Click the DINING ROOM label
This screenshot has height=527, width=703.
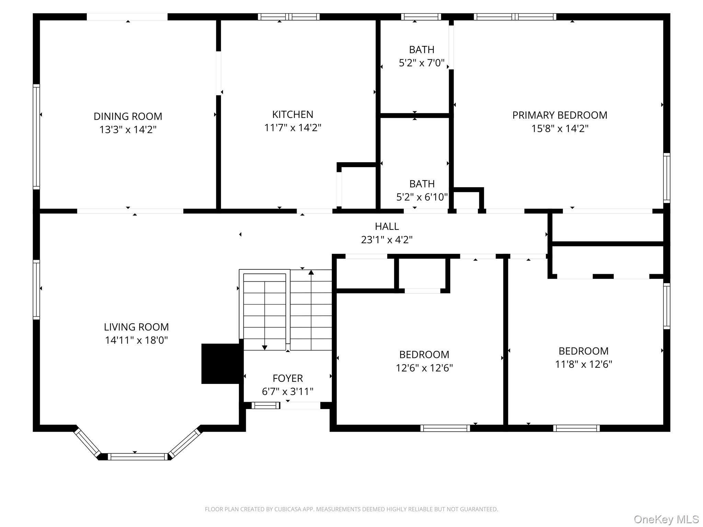coord(128,116)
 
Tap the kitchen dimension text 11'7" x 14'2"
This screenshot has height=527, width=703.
coord(292,128)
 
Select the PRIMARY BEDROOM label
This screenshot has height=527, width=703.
coord(560,115)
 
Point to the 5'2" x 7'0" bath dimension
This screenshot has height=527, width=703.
coord(422,63)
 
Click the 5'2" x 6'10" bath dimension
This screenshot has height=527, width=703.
coord(422,197)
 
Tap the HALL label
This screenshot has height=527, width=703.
coord(387,226)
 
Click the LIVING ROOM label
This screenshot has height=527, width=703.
coord(136,327)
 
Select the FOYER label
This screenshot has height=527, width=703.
coord(288,378)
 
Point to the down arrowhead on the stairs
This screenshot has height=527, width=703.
coord(265,348)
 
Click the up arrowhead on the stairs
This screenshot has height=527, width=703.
coord(311,272)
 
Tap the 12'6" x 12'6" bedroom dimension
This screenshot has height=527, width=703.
coord(424,368)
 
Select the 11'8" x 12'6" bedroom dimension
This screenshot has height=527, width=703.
coord(584,364)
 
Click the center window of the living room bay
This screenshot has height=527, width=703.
coord(138,457)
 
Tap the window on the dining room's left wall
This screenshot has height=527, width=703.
coord(36,137)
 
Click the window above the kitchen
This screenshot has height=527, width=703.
coord(289,17)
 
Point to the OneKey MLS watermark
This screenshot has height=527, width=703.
coord(666,519)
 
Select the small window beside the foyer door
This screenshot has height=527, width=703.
coord(265,406)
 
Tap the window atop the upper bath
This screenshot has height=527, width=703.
coord(421,17)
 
